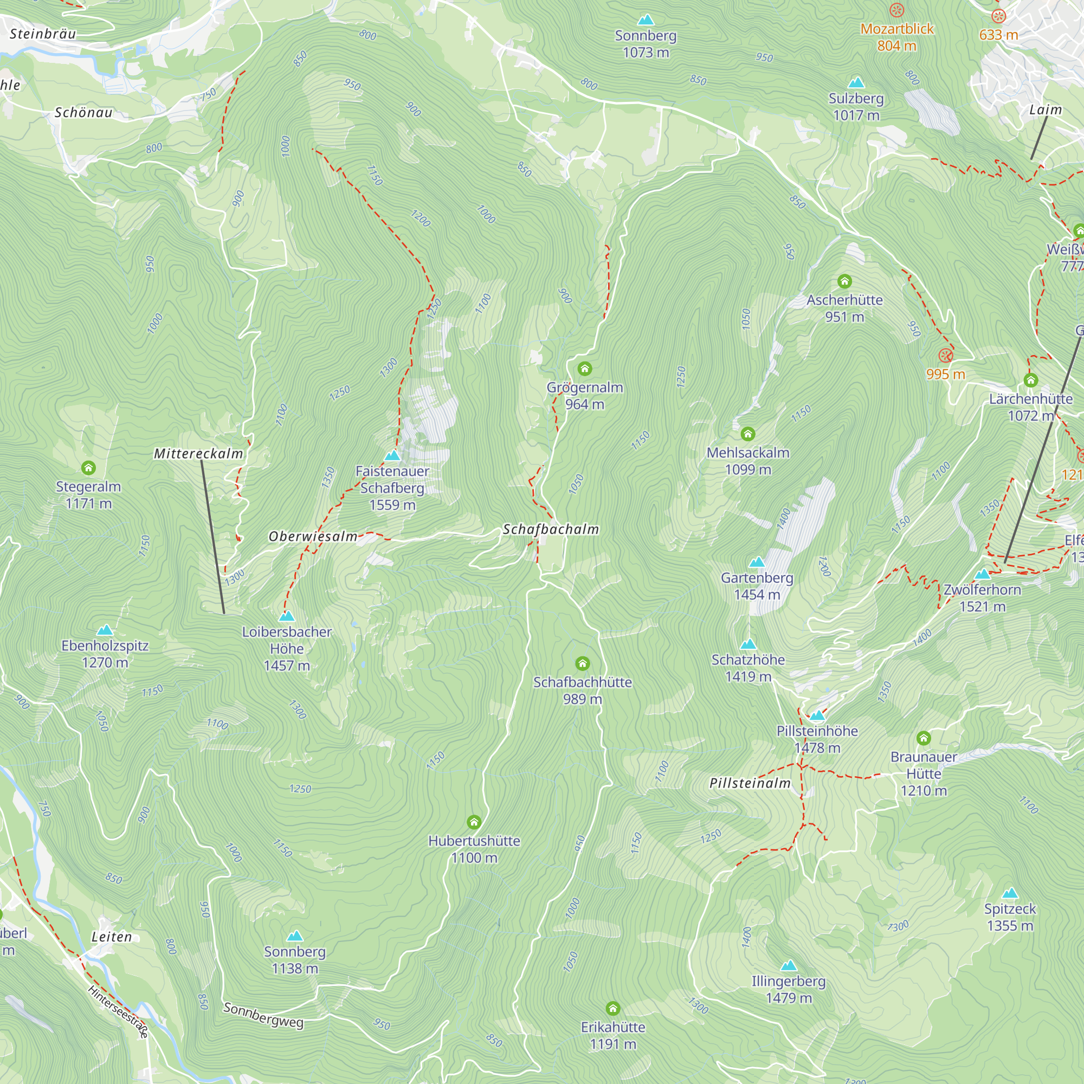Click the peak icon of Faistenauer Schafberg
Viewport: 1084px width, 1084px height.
click(x=392, y=455)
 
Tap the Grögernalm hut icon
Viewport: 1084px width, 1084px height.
click(x=585, y=369)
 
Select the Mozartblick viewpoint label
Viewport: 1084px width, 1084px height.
click(x=896, y=29)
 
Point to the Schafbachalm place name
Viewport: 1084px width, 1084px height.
click(x=551, y=529)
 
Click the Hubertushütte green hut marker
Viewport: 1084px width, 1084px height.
click(x=474, y=822)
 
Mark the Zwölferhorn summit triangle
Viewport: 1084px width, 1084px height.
click(x=982, y=574)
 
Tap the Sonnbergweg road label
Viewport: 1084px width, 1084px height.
click(x=263, y=1015)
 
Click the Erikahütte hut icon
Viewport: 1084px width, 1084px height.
click(x=612, y=1008)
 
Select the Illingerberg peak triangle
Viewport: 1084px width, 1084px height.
click(x=788, y=965)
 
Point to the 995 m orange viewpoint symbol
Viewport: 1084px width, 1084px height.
click(x=945, y=355)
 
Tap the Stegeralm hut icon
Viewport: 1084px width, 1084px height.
click(x=88, y=467)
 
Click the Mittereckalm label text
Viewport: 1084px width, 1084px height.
click(x=198, y=453)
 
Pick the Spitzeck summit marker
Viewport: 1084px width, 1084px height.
click(x=1009, y=893)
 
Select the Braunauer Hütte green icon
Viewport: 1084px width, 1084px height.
click(x=924, y=738)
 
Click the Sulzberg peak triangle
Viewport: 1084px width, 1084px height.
click(x=856, y=83)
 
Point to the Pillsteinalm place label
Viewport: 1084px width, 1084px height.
click(x=750, y=783)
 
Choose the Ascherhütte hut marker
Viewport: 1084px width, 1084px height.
click(x=844, y=281)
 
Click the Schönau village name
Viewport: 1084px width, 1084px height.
click(x=83, y=112)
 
